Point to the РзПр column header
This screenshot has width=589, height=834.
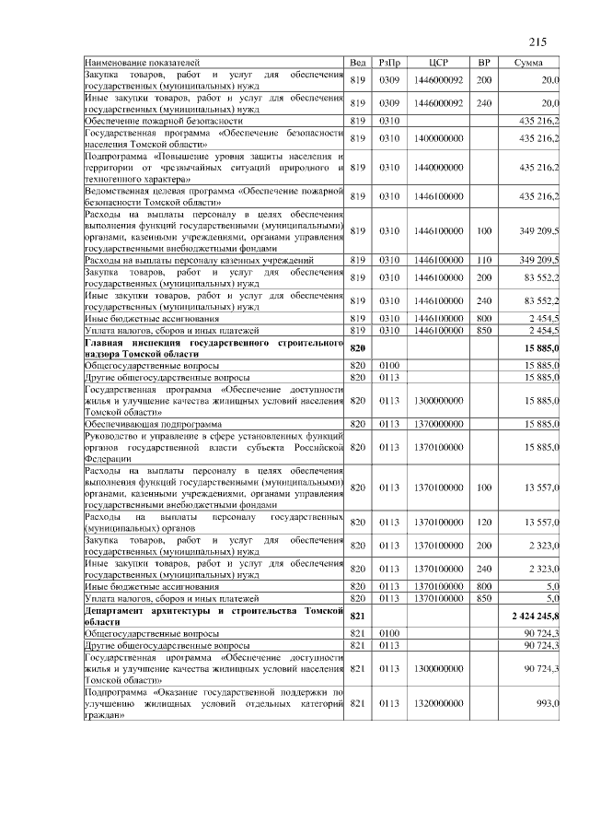click(388, 62)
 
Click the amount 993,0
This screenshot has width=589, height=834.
click(549, 703)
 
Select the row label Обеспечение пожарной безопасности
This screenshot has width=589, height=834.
click(164, 120)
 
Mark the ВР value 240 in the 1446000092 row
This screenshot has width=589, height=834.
click(484, 103)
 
